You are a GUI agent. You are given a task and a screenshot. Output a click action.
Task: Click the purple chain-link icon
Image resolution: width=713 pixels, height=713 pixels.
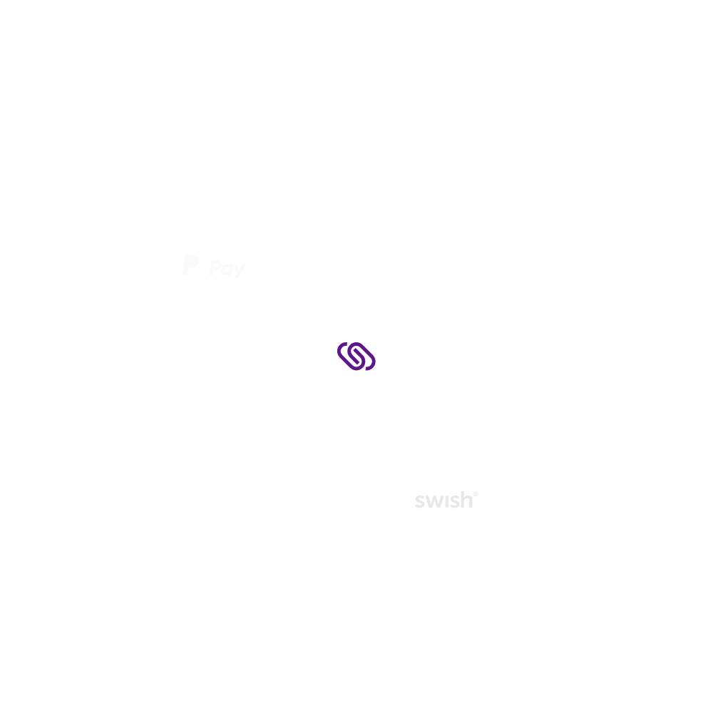(x=356, y=356)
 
